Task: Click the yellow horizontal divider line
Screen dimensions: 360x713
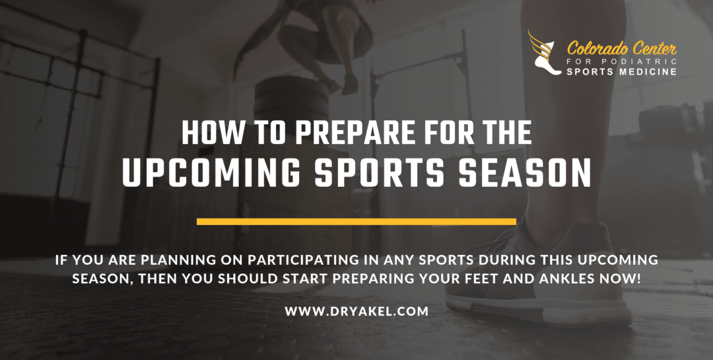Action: pyautogui.click(x=356, y=221)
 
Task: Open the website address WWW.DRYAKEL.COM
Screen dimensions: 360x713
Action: pyautogui.click(x=356, y=310)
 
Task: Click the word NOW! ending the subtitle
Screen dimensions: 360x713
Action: pyautogui.click(x=625, y=278)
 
